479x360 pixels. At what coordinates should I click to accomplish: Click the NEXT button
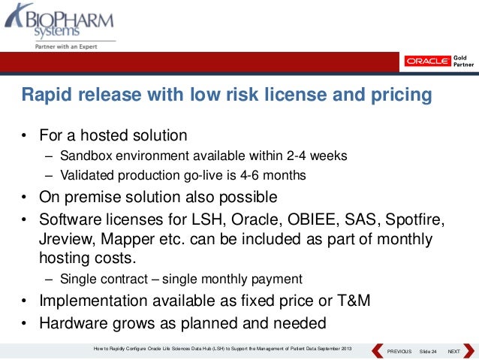453,352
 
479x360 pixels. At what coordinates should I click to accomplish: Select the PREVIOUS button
399,352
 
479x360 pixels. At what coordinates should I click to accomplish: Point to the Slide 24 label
428,352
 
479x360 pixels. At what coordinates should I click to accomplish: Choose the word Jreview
65,239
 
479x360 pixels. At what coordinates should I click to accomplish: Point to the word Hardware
71,324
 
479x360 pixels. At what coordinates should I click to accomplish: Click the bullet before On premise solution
24,198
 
